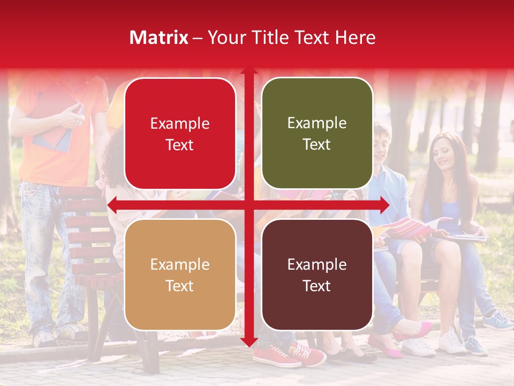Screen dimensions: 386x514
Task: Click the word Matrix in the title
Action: pyautogui.click(x=159, y=38)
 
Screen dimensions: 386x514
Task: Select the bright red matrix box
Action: pyautogui.click(x=180, y=133)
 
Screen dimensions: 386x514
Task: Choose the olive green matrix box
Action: pyautogui.click(x=317, y=133)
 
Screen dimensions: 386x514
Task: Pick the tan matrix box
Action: pyautogui.click(x=180, y=274)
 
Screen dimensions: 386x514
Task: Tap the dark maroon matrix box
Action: pyautogui.click(x=317, y=274)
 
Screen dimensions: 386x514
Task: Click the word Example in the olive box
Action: pyautogui.click(x=317, y=123)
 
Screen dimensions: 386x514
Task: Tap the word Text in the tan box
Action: pyautogui.click(x=180, y=286)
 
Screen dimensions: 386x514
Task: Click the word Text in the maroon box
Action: pyautogui.click(x=317, y=286)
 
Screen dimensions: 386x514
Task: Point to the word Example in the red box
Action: pyautogui.click(x=180, y=123)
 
